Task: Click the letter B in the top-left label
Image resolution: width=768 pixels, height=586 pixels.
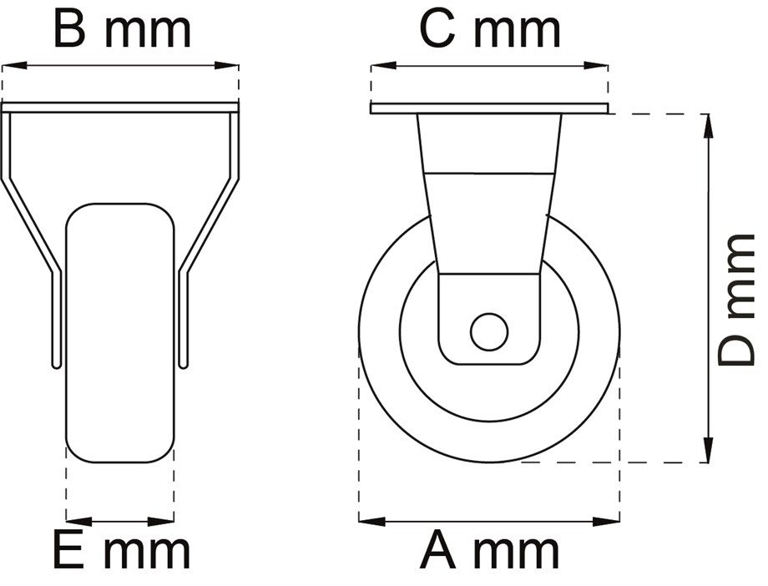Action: (69, 30)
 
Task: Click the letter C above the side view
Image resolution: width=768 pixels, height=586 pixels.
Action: (437, 30)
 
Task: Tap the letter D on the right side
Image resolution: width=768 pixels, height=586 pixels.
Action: (736, 348)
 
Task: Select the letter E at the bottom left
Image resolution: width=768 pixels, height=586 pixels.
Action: (68, 552)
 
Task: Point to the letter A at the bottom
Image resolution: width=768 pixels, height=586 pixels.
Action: (438, 552)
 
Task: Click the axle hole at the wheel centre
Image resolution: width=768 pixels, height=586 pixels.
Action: (489, 332)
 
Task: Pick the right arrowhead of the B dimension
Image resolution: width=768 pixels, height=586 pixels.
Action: (227, 65)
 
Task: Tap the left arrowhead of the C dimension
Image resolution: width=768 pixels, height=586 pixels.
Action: (383, 65)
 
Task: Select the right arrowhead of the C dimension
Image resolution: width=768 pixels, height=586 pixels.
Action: (596, 65)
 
